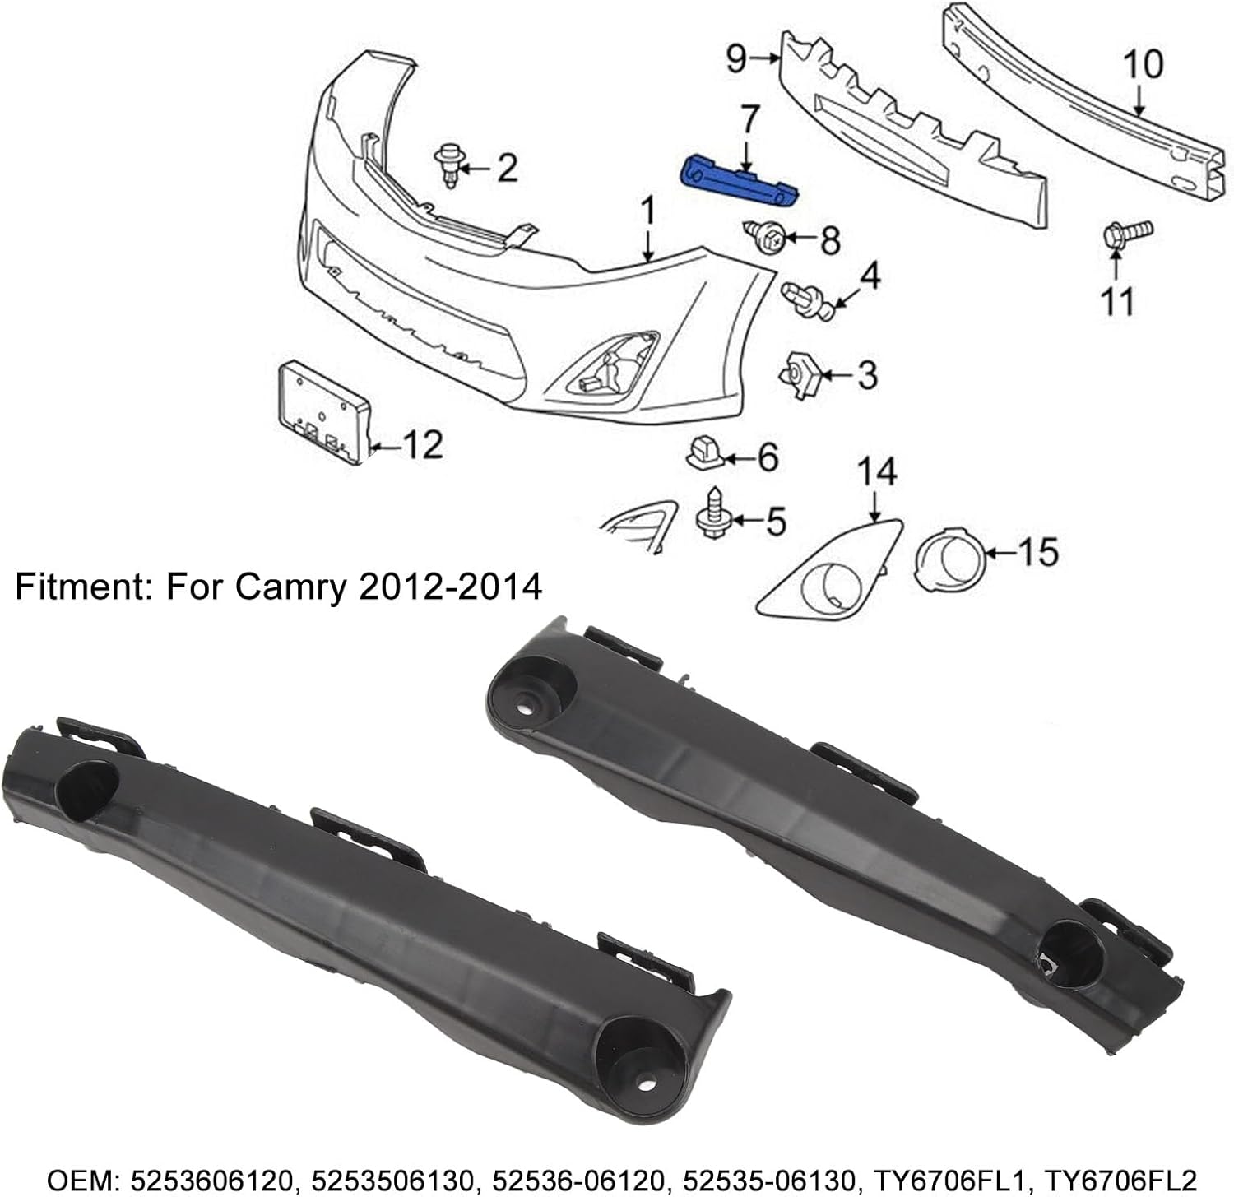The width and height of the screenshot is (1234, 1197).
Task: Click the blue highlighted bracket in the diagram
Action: pos(740,182)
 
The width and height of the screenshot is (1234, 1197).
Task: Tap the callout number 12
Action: pos(423,444)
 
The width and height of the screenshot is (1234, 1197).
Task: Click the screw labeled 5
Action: pos(708,516)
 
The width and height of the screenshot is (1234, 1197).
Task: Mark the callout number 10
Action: pos(1143,65)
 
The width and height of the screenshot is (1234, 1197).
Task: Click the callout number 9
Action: pos(737,58)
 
